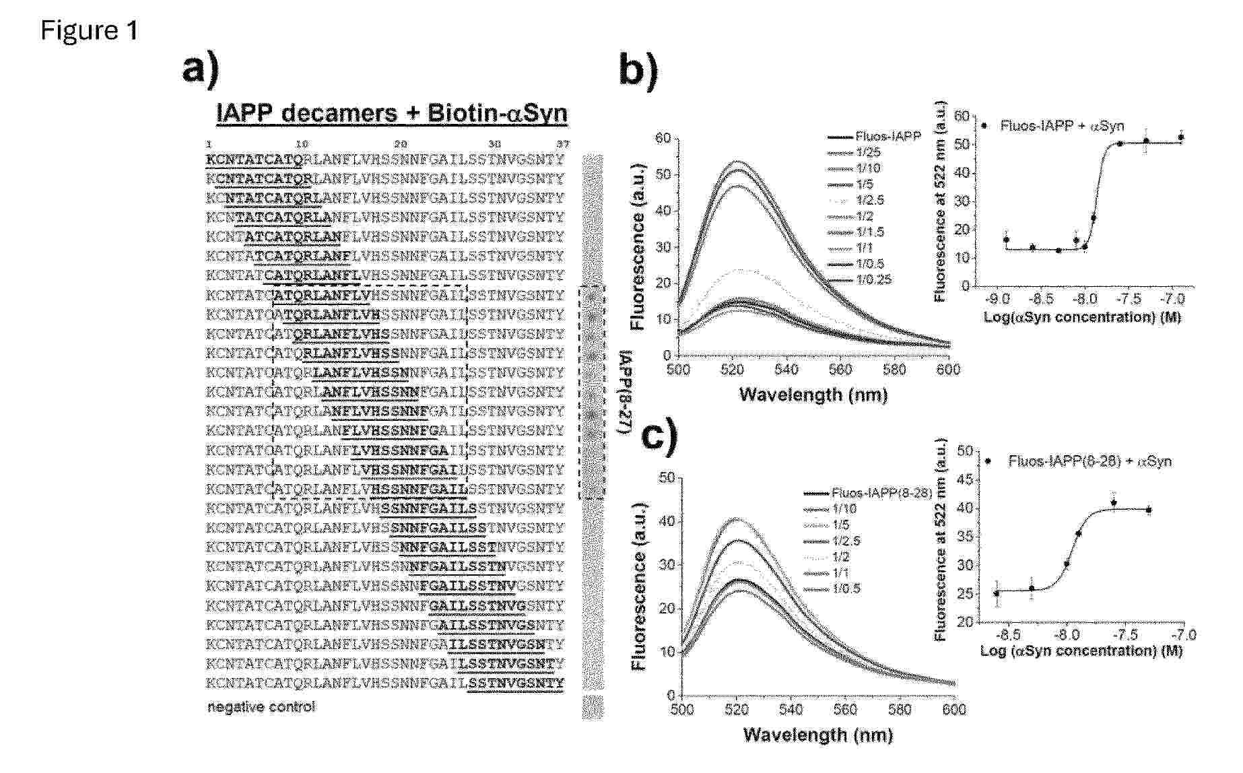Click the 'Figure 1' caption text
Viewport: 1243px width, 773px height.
tap(90, 30)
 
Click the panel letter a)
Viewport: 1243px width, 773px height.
tap(200, 70)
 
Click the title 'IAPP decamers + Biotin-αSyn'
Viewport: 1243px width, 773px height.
tap(392, 113)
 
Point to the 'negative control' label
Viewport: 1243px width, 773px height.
tap(261, 707)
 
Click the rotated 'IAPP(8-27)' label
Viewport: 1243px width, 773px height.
tap(626, 393)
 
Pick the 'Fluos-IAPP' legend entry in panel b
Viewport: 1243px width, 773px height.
tap(888, 137)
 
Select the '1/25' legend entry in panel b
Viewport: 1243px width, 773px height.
tap(868, 153)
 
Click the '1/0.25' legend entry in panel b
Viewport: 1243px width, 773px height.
tap(873, 279)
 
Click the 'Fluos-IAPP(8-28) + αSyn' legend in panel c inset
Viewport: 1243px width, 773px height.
tap(1089, 461)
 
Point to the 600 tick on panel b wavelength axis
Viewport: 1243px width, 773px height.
tap(948, 370)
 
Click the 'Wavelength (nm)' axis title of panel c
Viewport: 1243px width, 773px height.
tap(818, 735)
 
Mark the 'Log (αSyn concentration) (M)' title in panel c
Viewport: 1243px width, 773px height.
tap(1081, 651)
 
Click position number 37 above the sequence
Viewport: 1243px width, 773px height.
tap(563, 144)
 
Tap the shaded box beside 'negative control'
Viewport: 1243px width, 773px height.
tap(593, 707)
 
